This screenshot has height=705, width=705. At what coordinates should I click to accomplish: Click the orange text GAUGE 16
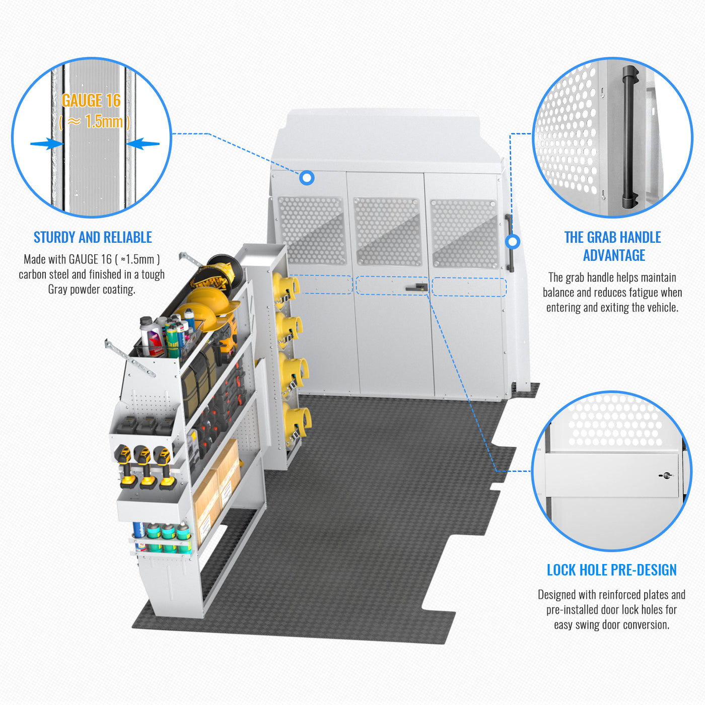click(91, 101)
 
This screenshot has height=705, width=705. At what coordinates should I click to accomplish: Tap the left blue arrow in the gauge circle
click(46, 144)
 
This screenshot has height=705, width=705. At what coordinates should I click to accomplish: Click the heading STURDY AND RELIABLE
click(93, 237)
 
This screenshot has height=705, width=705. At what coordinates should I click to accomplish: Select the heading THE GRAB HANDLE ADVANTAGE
click(613, 246)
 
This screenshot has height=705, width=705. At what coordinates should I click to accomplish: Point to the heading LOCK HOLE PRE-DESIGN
click(611, 570)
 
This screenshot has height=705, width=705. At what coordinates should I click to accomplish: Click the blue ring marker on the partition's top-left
click(307, 178)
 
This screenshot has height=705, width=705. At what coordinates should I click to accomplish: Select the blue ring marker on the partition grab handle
click(513, 242)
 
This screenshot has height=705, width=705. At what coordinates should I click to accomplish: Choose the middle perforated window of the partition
click(387, 231)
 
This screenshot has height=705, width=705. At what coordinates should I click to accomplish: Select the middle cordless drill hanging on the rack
click(146, 466)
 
